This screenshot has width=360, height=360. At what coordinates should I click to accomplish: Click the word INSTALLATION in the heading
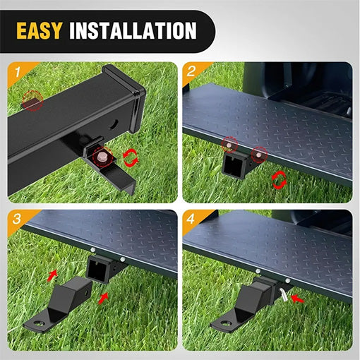tap(133, 31)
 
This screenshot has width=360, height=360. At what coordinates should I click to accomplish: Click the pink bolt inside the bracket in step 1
tap(102, 156)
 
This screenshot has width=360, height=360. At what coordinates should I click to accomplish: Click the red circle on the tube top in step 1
tap(32, 101)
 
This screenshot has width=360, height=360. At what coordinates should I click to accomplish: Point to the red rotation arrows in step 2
tap(280, 181)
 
